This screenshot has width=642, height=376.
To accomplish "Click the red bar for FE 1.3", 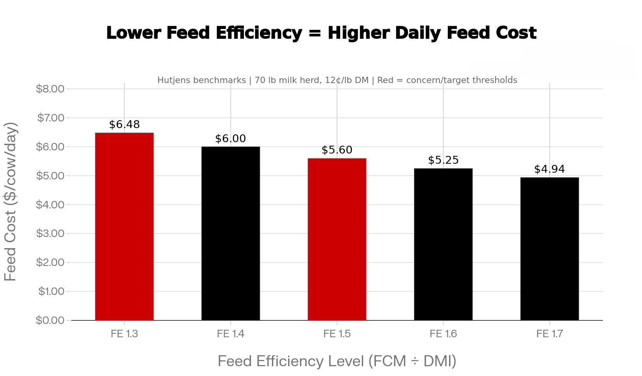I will [124, 226].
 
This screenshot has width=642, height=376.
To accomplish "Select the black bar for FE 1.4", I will [231, 233].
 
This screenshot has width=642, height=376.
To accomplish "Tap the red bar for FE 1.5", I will [337, 239].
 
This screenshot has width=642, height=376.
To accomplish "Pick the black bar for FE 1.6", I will [443, 244].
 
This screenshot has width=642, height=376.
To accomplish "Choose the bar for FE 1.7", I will [550, 249].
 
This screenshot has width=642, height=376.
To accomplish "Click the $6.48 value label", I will [124, 125].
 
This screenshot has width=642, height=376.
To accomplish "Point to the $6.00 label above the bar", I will [231, 139].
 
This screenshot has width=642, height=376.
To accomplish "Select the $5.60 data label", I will [337, 150].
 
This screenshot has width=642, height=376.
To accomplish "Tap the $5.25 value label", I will [443, 160].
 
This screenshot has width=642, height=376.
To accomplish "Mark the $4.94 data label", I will [550, 169].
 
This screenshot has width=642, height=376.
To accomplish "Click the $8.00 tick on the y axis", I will [50, 89].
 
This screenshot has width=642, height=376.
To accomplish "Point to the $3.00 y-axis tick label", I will [50, 233].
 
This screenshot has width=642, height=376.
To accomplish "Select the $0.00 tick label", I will [50, 320].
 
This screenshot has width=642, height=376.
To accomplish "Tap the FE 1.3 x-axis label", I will [124, 334].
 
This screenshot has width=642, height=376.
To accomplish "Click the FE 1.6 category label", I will [443, 334].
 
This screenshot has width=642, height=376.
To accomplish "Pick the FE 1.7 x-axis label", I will [550, 334].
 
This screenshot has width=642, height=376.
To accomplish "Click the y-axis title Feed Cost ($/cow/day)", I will [11, 202].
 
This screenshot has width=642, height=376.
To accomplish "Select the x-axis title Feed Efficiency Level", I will [337, 361].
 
